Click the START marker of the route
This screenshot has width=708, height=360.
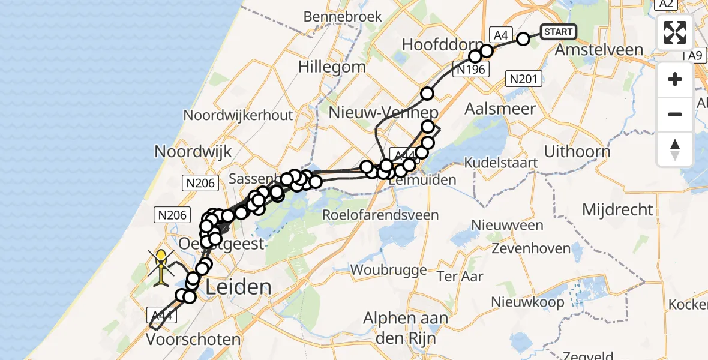559,31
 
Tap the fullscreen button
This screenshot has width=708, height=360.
675,32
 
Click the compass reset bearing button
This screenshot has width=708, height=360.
675,149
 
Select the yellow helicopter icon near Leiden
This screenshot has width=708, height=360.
162,268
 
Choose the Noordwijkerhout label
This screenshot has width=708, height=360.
238,115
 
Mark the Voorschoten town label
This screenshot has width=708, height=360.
194,340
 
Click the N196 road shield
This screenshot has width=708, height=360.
470,70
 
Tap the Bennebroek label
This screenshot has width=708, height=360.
343,16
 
